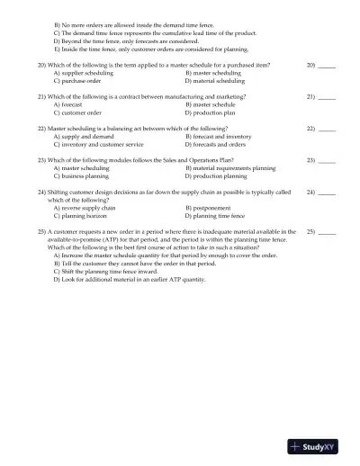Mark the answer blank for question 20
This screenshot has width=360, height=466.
click(327, 67)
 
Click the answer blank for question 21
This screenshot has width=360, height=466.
click(327, 97)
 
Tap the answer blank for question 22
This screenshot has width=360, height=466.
click(327, 130)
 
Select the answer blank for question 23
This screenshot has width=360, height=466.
click(327, 161)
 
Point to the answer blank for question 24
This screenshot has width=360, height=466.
click(327, 193)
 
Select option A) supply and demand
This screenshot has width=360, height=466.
click(84, 137)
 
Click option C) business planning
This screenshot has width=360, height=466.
click(82, 176)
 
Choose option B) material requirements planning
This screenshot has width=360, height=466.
click(230, 168)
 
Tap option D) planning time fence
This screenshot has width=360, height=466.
click(214, 217)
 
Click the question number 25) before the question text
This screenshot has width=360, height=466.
click(41, 232)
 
